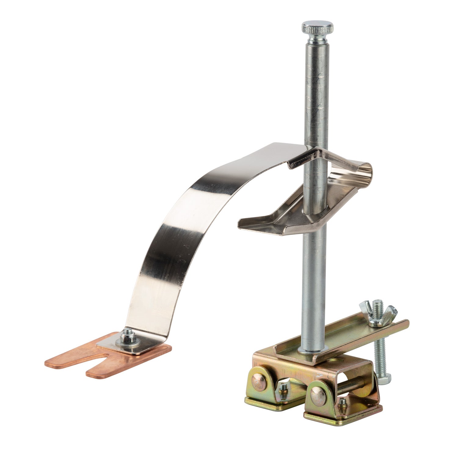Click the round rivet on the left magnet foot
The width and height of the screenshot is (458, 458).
click(x=259, y=382)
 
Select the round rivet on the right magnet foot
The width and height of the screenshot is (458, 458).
click(x=318, y=396)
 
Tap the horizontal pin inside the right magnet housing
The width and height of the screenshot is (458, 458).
click(x=351, y=387)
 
